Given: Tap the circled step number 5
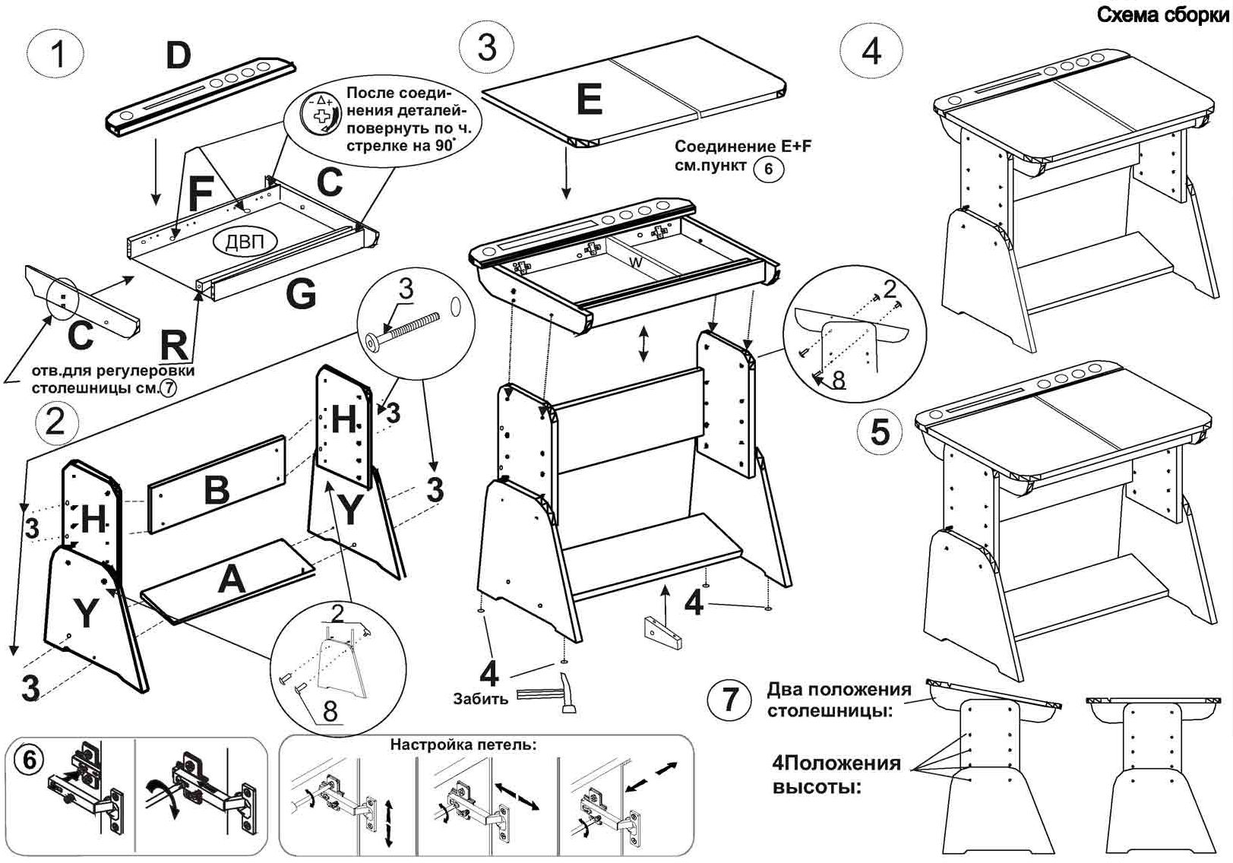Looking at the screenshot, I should [x=880, y=431].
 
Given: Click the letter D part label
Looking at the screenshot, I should [x=179, y=55].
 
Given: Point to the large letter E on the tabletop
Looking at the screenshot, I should [x=589, y=100].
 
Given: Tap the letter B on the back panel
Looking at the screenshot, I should [x=217, y=490].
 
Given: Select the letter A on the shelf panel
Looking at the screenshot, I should [x=232, y=581].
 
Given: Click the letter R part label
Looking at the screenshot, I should [x=174, y=346].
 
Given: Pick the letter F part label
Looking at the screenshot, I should [x=200, y=194].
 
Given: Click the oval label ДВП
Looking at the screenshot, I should [x=245, y=242].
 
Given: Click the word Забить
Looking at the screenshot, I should [x=480, y=698].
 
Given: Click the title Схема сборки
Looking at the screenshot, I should [x=1163, y=15].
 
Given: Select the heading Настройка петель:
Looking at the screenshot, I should [x=463, y=744].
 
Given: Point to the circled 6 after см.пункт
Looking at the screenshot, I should [x=768, y=168].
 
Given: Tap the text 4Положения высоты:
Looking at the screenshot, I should [x=836, y=774].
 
